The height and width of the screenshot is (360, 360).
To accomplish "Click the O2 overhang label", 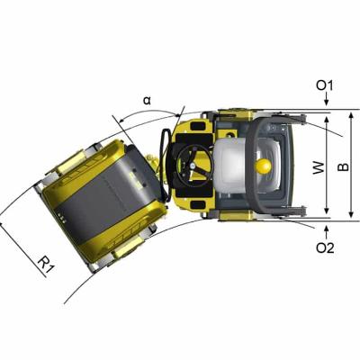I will [325, 247].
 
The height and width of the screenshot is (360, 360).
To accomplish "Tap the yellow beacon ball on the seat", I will [263, 166].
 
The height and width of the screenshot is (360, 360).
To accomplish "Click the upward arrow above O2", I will [325, 229].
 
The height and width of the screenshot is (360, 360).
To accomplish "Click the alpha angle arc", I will [153, 112].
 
